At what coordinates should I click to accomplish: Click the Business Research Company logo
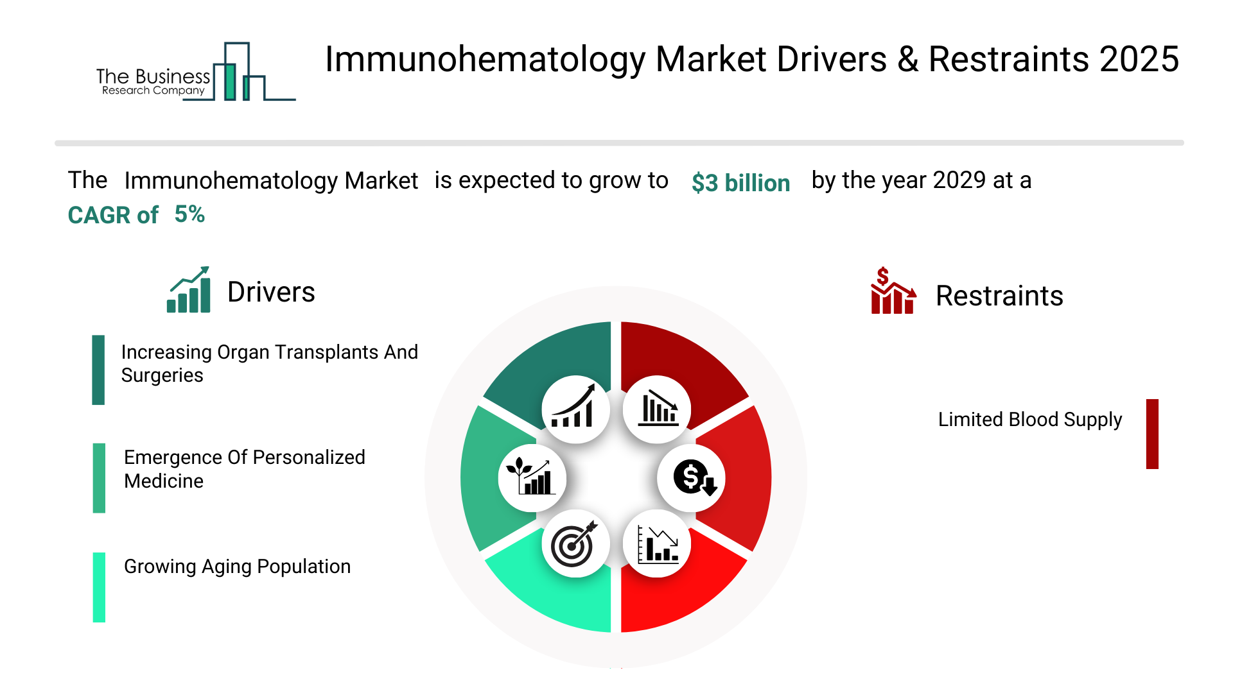[x=196, y=72]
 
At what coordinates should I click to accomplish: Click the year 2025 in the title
[x=1139, y=60]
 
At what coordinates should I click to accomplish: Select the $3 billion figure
[x=740, y=183]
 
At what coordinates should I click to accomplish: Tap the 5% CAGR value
[x=189, y=214]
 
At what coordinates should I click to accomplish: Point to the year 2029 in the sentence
[x=959, y=180]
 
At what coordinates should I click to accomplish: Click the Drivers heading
[x=271, y=292]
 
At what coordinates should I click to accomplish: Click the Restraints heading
[x=999, y=296]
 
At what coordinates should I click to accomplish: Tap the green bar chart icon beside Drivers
[x=188, y=289]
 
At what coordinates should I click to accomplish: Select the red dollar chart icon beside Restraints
[x=893, y=291]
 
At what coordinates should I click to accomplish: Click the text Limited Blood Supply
[x=1030, y=420]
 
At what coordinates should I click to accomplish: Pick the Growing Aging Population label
[x=237, y=567]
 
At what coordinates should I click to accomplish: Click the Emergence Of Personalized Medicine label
[x=245, y=469]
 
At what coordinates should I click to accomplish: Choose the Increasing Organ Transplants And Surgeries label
[x=270, y=363]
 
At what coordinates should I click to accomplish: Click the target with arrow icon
[x=575, y=544]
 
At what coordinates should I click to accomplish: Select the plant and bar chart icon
[x=530, y=476]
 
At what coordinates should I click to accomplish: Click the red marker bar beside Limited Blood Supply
[x=1152, y=434]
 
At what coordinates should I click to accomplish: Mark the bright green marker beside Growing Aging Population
[x=99, y=587]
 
